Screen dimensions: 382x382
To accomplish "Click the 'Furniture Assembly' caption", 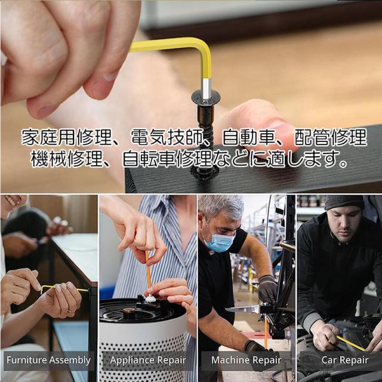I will coord(48,361).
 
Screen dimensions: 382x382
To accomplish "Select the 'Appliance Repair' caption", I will coord(148,361).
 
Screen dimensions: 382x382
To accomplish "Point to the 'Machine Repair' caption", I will coord(246,361).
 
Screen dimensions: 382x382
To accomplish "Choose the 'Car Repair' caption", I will coord(345,361).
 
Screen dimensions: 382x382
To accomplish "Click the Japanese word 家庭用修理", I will coord(66,138).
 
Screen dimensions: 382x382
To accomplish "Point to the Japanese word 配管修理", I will coord(331,138).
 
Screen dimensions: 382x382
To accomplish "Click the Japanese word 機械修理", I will coord(66,159).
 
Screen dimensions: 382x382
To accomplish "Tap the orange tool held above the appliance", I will coord(147,272).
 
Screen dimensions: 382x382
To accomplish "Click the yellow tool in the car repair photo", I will coord(350,343).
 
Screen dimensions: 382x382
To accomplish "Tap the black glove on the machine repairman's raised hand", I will coord(267,289).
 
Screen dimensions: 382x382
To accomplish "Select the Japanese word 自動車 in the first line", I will coord(248,138).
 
